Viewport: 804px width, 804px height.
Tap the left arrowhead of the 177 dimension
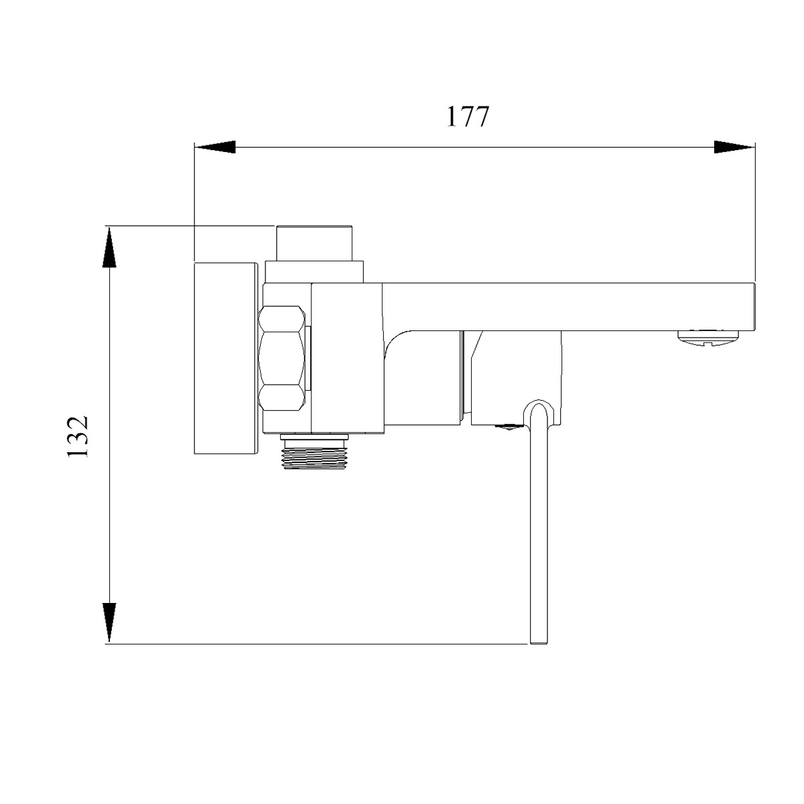215,147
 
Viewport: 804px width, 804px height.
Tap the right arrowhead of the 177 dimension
734,147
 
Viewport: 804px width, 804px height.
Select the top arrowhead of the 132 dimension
109,247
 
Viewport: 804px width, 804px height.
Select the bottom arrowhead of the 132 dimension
109,622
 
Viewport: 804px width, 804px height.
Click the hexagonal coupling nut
281,359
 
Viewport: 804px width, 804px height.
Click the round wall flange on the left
225,358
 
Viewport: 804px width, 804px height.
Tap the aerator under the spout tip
708,337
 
